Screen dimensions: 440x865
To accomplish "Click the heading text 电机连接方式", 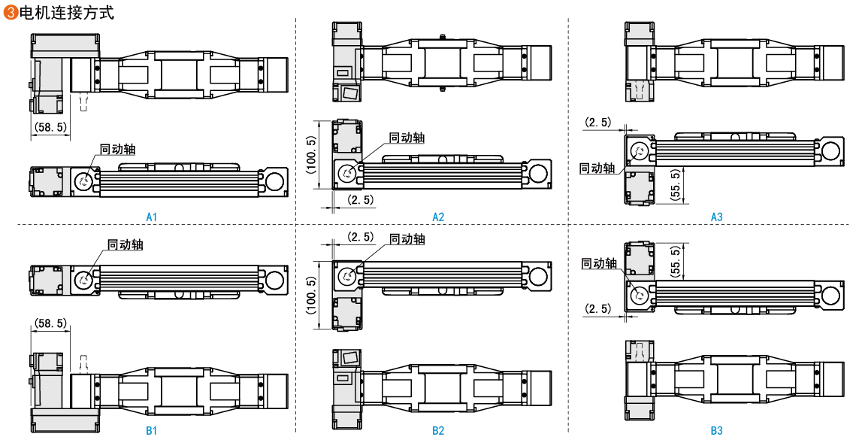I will tap(67, 13).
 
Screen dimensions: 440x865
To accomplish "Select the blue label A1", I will tap(152, 217).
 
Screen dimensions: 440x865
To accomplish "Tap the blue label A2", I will tap(438, 217).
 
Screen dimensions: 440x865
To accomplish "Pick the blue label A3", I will tap(717, 217).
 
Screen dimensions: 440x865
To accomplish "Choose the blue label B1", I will tap(152, 431).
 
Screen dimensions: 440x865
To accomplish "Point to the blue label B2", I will tap(438, 431).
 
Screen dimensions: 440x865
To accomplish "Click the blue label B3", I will tap(717, 431).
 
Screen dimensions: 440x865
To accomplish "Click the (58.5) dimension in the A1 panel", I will tap(50, 128).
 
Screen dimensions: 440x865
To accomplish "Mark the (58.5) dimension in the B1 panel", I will tap(50, 323).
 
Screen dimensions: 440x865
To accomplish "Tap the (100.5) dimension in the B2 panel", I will tap(312, 295).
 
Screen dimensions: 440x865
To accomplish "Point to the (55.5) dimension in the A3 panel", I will tap(676, 185).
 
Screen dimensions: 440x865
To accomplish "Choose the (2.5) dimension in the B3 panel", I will tap(598, 308).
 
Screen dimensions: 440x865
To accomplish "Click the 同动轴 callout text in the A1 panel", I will tap(118, 149).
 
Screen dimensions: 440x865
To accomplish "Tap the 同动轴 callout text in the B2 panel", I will tap(407, 239).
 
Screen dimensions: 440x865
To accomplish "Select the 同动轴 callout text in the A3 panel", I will tap(597, 168).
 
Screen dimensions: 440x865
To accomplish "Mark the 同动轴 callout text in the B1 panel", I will tap(126, 244).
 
